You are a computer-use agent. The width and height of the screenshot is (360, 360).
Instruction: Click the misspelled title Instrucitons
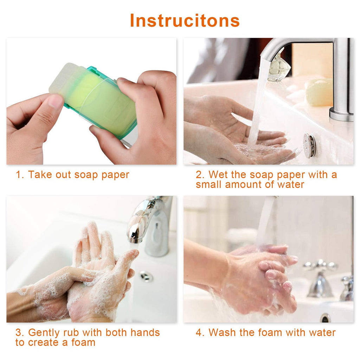coord(185,20)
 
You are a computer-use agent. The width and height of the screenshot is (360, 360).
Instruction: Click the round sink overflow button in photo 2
coord(309,145)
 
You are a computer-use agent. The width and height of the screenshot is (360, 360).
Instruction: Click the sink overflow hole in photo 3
coord(146,276)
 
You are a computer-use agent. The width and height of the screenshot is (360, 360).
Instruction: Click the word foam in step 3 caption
coord(83,342)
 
